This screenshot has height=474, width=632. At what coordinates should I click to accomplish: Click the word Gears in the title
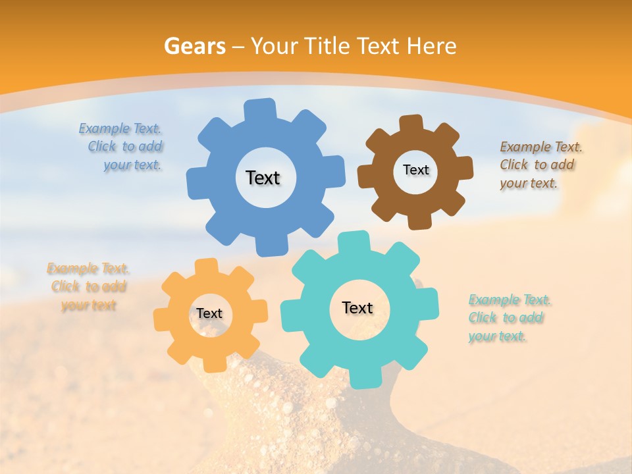click(194, 46)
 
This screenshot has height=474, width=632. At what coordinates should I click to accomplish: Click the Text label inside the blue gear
click(263, 178)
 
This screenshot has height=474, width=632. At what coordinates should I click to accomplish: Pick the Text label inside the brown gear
click(416, 170)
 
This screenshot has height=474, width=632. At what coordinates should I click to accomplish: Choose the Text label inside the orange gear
click(209, 314)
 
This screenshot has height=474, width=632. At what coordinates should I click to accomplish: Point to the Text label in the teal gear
click(357, 308)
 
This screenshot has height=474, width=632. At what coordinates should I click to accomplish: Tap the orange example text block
click(88, 287)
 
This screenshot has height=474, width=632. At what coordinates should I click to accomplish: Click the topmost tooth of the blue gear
click(261, 109)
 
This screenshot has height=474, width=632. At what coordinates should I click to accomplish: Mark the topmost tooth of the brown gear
click(411, 123)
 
